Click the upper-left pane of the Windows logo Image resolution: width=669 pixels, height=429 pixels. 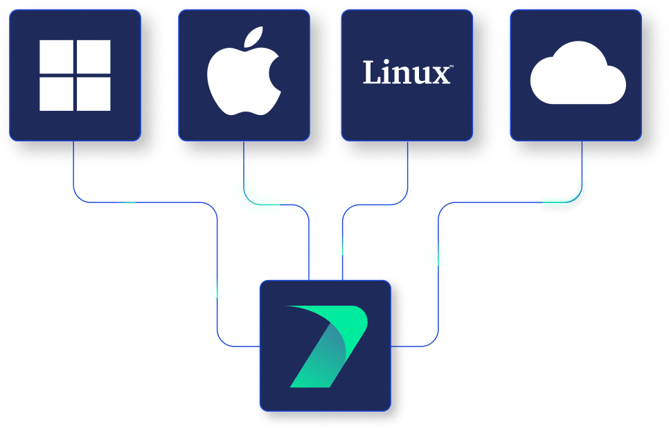[x=56, y=56]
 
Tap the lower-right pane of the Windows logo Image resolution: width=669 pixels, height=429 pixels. [x=93, y=94]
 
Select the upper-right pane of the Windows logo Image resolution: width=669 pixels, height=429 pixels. [x=93, y=56]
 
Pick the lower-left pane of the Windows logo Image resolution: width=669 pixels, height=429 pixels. [x=56, y=94]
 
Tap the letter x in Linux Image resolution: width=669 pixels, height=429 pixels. [x=440, y=75]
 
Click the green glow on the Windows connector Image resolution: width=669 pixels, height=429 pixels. [x=217, y=289]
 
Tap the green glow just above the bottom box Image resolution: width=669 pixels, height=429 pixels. [x=310, y=246]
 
